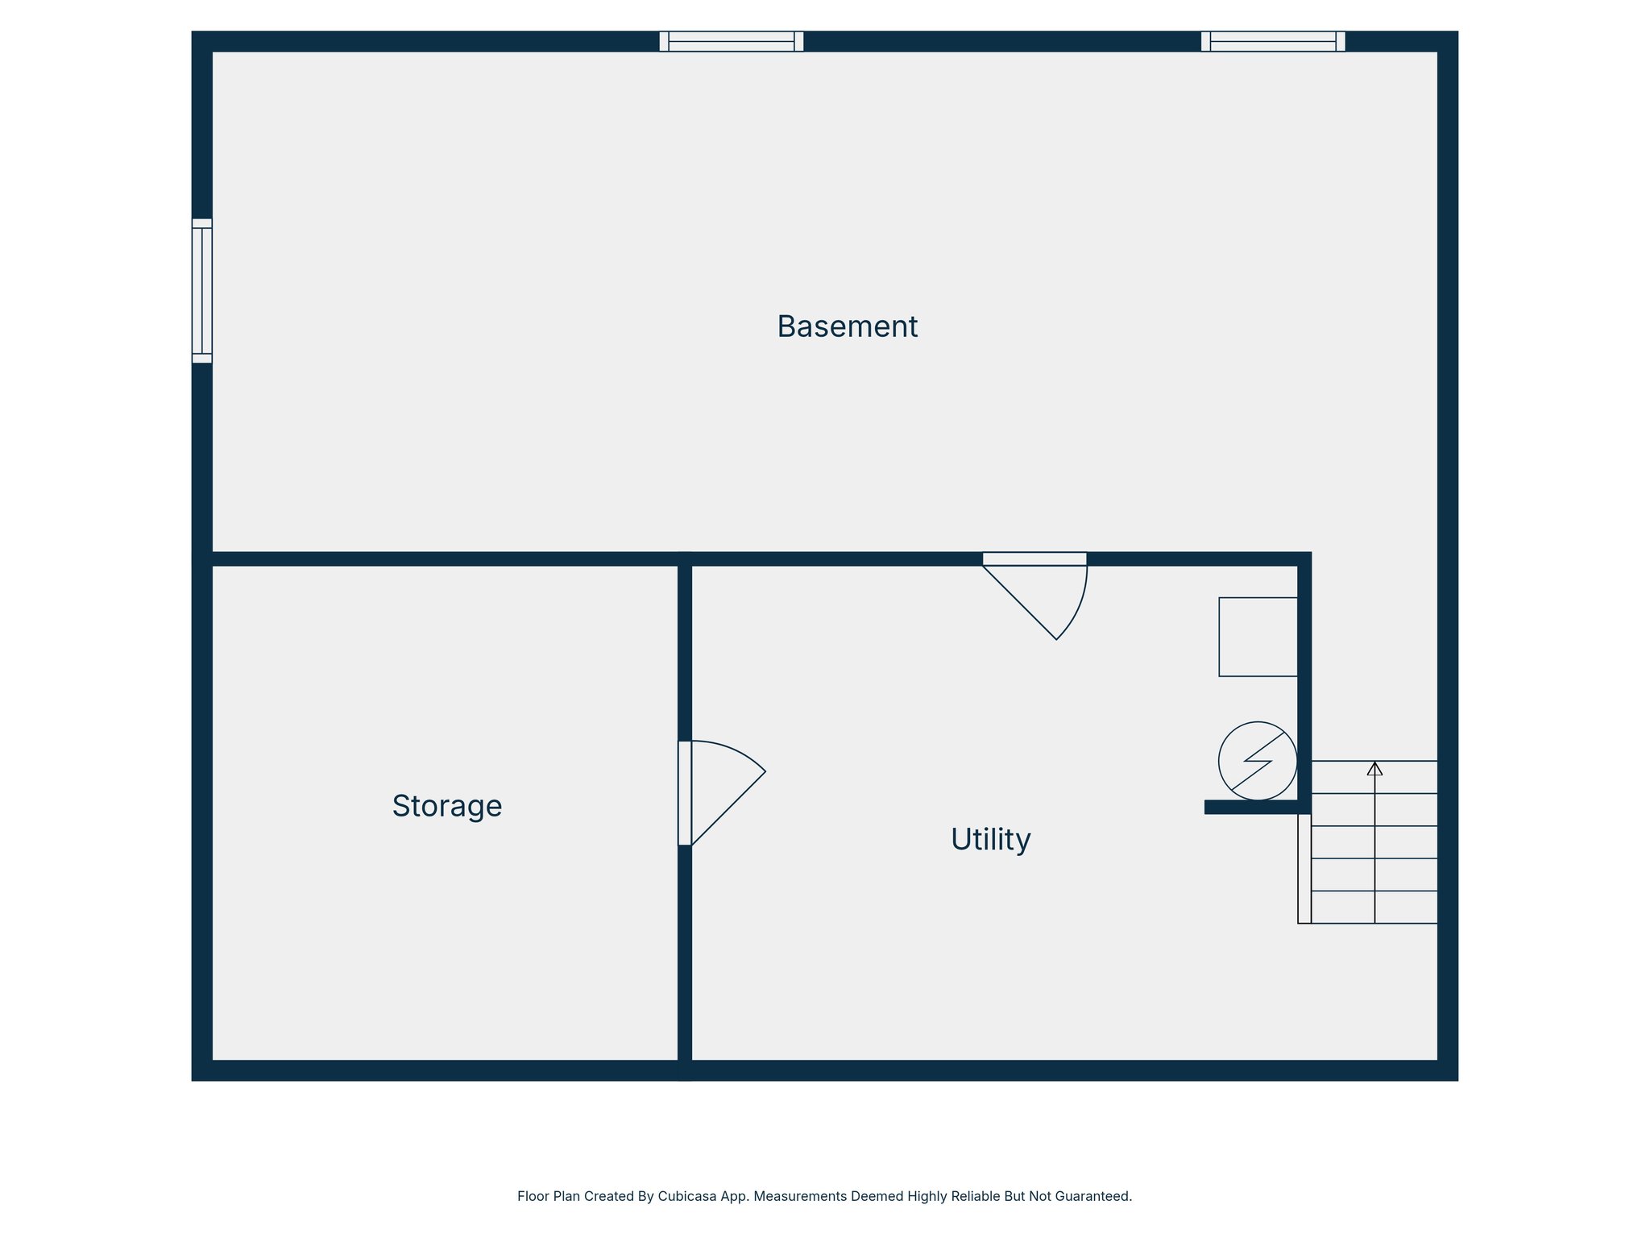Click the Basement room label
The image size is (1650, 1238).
click(x=847, y=326)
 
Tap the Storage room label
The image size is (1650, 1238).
click(x=447, y=806)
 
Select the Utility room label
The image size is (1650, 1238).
click(x=990, y=840)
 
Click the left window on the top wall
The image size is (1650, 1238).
click(x=732, y=41)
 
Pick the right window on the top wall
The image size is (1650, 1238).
click(x=1273, y=41)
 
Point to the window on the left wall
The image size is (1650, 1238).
click(x=202, y=291)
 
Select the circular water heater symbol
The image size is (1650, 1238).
click(x=1258, y=761)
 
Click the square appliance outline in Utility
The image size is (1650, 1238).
click(x=1258, y=637)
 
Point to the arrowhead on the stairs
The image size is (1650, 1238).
click(x=1374, y=769)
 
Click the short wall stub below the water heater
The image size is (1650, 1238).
click(x=1253, y=807)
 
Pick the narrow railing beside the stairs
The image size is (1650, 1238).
click(x=1304, y=868)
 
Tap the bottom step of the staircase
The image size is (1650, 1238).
click(x=1374, y=908)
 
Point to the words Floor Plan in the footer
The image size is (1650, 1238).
click(x=547, y=1196)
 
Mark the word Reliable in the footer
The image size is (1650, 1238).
click(x=976, y=1196)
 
